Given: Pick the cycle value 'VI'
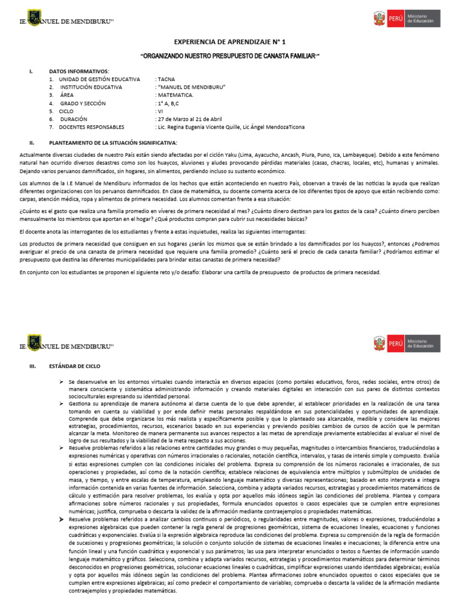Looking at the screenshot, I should (159, 111).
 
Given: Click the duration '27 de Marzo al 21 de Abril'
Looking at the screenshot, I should (188, 119).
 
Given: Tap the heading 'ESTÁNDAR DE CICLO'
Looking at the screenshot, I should (75, 365).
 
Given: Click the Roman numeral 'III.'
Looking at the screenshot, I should (33, 365).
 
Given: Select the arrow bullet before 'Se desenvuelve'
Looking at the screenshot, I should (62, 381).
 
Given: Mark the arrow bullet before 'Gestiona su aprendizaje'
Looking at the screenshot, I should (62, 405).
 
